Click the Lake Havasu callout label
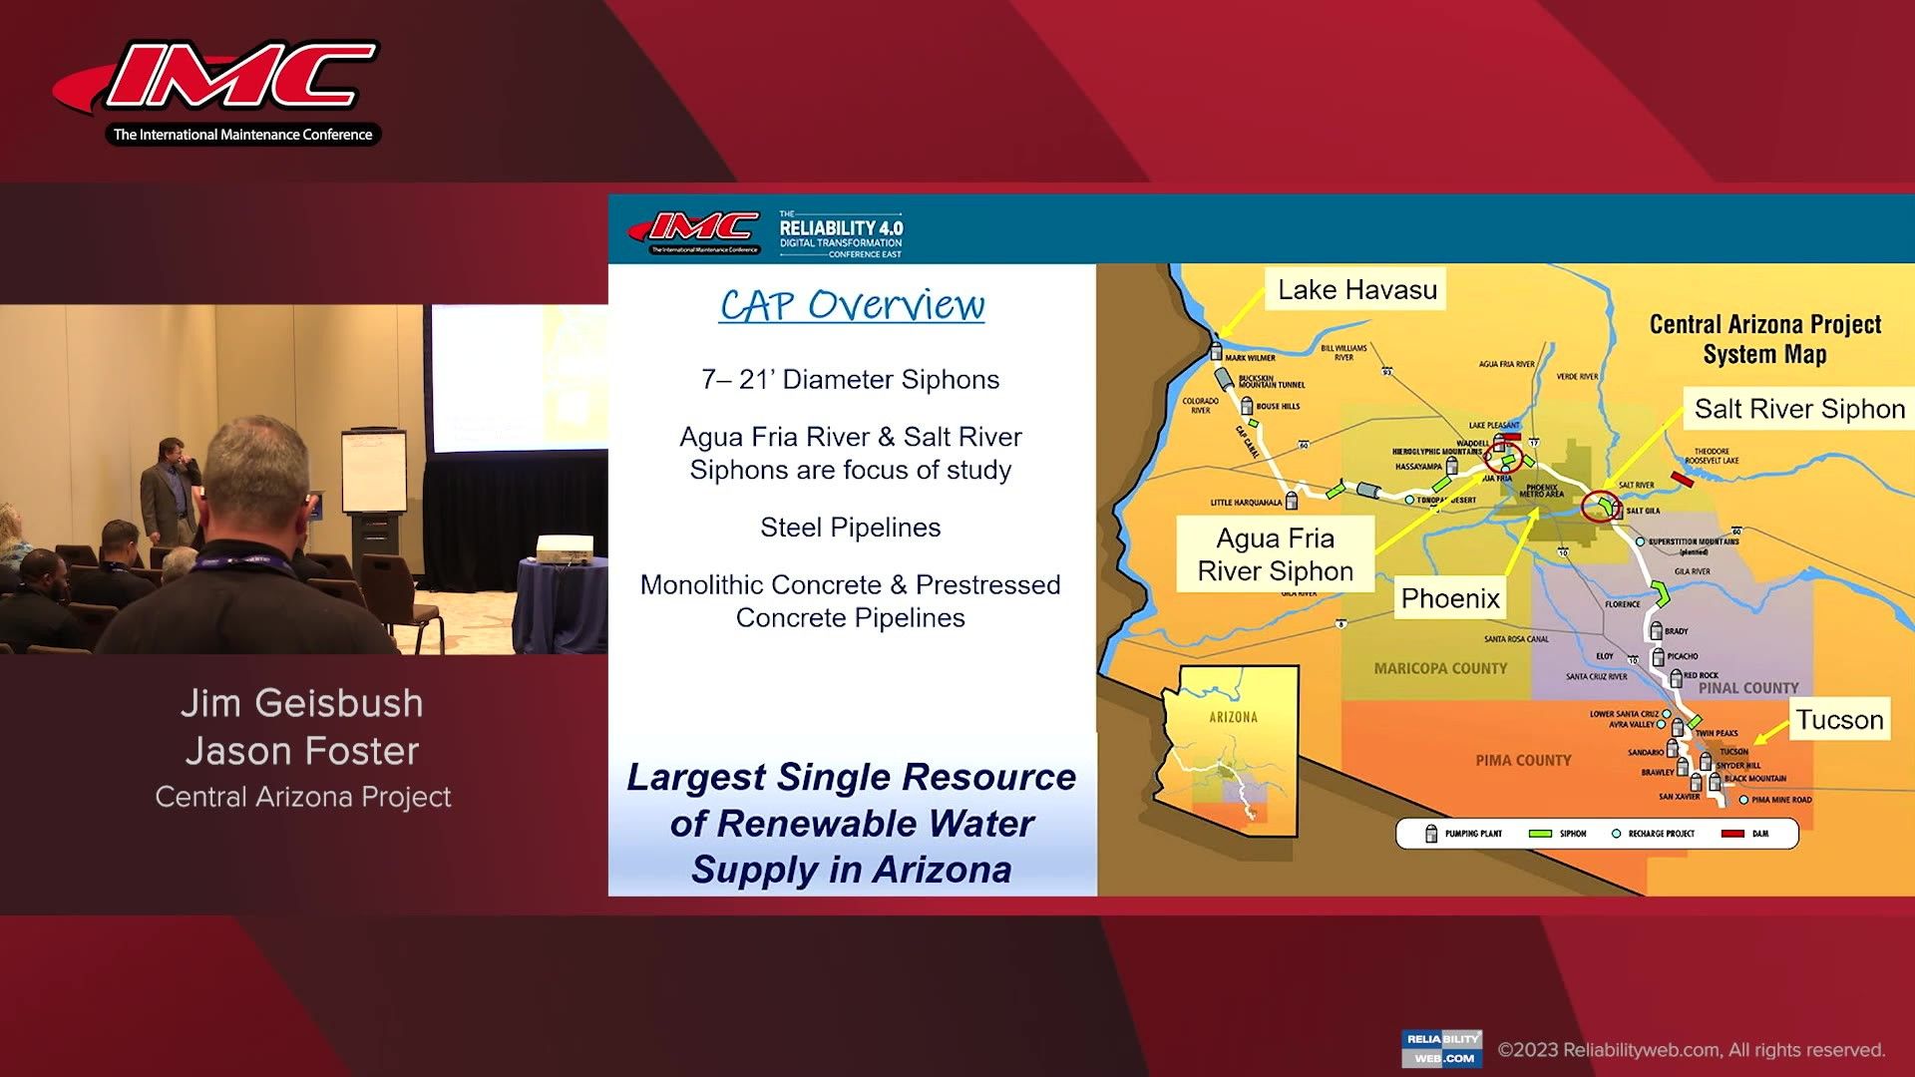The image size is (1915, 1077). coord(1356,290)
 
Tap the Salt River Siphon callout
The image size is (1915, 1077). coord(1798,409)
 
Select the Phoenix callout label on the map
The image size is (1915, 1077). coord(1449,598)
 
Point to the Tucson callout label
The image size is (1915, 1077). coord(1839,720)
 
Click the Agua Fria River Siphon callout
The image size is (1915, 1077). coord(1275,554)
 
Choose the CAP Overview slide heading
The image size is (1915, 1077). coord(852,305)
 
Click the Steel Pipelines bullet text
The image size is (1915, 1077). coord(850,528)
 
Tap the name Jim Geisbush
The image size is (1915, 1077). coord(301,703)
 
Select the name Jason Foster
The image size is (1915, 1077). coord(301,751)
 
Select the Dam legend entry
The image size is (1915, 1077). coord(1745,834)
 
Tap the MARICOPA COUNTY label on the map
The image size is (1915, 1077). coord(1440,668)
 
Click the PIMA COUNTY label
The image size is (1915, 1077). coord(1523,760)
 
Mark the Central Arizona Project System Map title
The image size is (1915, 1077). coord(1764,339)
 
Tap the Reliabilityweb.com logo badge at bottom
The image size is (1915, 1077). coord(1441,1048)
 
